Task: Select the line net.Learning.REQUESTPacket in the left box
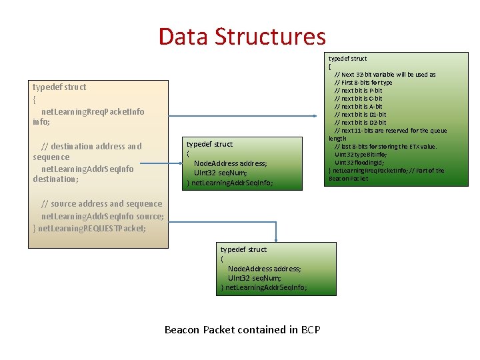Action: tap(92, 228)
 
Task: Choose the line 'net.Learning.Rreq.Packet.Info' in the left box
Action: tap(93, 111)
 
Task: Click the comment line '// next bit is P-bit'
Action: tap(358, 91)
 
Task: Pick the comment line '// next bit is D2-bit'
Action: tap(360, 123)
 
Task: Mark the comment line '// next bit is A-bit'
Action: tap(358, 107)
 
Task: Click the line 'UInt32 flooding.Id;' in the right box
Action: tap(359, 163)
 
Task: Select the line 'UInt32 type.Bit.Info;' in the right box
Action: tap(360, 155)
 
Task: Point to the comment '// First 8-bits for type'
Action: tap(363, 83)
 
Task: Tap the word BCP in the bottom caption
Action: tap(311, 329)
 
